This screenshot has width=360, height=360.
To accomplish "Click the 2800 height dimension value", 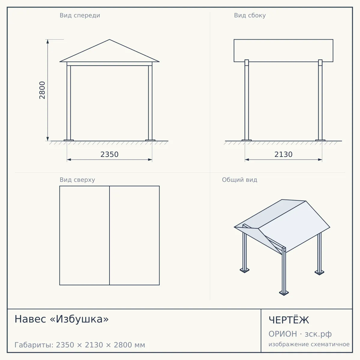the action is tap(42, 90).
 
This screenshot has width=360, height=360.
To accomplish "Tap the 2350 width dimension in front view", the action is tap(109, 154).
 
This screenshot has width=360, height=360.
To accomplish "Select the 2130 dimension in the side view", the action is tap(283, 154).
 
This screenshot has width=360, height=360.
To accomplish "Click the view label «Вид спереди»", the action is tap(80, 15).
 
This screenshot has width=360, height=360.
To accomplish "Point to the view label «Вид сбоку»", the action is tap(250, 15).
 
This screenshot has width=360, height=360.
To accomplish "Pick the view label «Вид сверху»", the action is tap(77, 180).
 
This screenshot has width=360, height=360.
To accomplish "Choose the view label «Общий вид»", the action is tap(239, 180).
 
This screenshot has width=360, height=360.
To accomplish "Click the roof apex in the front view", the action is tap(109, 39).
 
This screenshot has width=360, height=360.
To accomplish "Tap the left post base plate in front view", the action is tap(69, 140).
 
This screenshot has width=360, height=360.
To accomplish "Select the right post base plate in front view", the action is tap(150, 140).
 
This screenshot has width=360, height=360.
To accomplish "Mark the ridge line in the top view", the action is tap(109, 235).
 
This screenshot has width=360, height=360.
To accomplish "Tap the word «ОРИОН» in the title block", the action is tap(283, 334).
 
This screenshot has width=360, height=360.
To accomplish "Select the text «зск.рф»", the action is tap(318, 334).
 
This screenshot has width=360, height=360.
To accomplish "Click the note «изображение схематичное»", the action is tap(309, 344).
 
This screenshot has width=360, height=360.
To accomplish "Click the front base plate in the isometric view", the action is tap(284, 293).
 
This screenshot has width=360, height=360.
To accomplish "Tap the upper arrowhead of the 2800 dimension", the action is tap(48, 41).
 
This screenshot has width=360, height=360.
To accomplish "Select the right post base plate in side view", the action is tap(320, 140).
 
